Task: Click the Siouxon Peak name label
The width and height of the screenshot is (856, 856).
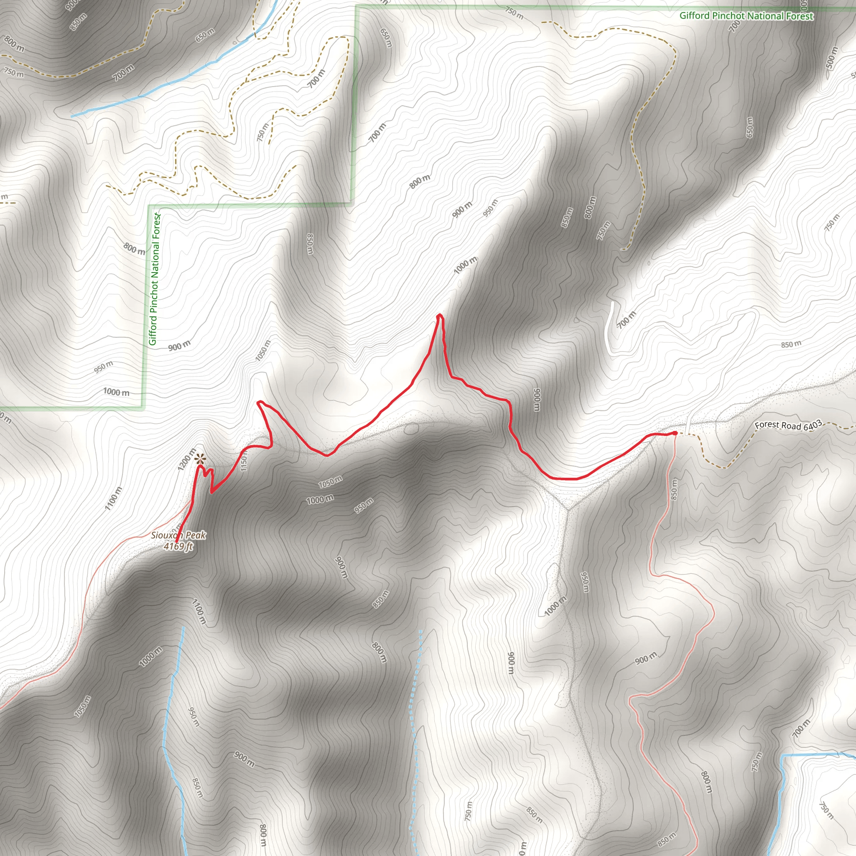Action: coord(178,535)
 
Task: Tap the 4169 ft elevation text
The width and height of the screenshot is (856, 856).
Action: coord(178,547)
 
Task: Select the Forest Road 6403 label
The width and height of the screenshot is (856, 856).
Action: coord(788,425)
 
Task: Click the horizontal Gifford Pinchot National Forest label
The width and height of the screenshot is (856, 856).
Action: coord(746,16)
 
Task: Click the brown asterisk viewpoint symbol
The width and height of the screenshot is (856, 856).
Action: coord(200,458)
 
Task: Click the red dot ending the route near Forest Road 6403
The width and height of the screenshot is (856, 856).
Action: coord(674,433)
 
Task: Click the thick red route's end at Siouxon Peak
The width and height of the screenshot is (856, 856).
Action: coord(177,541)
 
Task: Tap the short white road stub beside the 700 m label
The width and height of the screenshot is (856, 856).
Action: coord(609,328)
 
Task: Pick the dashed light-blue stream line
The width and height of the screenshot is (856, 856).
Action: coord(415,731)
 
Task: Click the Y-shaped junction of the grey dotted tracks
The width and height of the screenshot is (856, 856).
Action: coord(568,508)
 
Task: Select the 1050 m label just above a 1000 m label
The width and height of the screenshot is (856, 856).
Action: coord(330,481)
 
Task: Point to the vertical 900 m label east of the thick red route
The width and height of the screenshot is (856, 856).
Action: coord(537,400)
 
